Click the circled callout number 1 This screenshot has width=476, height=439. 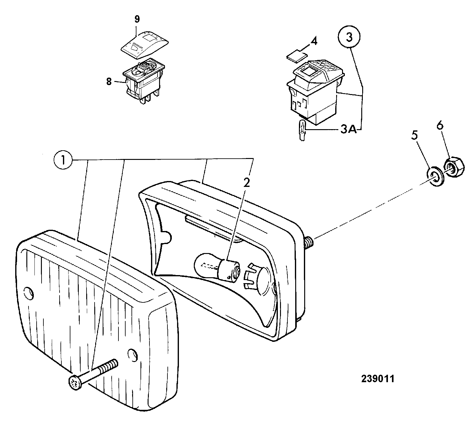pyautogui.click(x=63, y=160)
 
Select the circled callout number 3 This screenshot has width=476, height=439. pyautogui.click(x=349, y=38)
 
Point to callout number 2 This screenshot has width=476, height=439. pyautogui.click(x=247, y=183)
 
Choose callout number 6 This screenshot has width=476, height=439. pyautogui.click(x=440, y=125)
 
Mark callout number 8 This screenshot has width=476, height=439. pyautogui.click(x=109, y=82)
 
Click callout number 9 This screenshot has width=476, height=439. pyautogui.click(x=137, y=19)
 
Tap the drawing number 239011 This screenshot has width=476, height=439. pyautogui.click(x=378, y=379)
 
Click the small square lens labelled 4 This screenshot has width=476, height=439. pyautogui.click(x=296, y=56)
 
